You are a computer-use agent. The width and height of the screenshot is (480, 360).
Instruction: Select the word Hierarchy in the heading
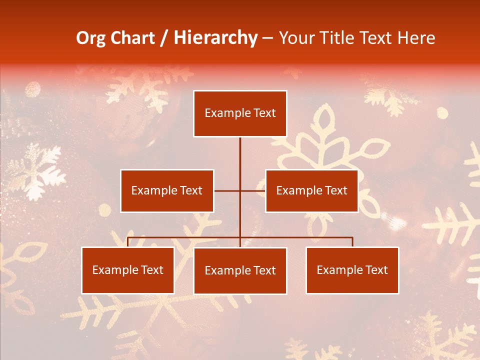point(215,38)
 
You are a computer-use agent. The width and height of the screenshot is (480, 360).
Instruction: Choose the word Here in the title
point(416,38)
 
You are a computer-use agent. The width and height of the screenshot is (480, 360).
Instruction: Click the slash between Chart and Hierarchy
point(164,38)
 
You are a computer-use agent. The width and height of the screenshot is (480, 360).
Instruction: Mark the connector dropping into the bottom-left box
point(128,242)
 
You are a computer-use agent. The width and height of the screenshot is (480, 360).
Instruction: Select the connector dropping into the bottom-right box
point(352,242)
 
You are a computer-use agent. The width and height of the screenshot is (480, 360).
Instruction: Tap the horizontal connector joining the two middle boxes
point(240,190)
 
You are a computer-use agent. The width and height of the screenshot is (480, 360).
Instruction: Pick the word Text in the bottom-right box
point(376,270)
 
